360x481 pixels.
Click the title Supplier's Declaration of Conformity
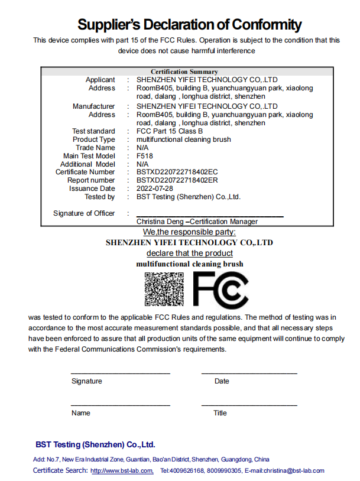[190, 24]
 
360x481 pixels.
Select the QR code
[164, 289]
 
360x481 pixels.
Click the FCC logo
[220, 290]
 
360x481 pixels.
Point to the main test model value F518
[144, 156]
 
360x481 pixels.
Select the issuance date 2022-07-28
[155, 188]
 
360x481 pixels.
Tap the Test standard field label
[93, 131]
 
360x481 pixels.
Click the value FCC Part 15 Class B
[170, 131]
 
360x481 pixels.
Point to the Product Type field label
[93, 139]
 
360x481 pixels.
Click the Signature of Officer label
[84, 213]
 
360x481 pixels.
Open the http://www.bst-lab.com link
[122, 471]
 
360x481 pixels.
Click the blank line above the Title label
[249, 405]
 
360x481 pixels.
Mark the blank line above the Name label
[121, 405]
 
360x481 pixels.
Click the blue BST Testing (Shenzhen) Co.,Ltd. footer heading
[95, 444]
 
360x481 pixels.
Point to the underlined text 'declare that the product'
[186, 253]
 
